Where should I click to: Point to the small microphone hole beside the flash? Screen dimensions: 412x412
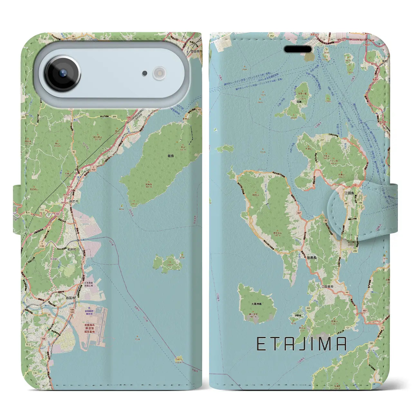pos(145,73)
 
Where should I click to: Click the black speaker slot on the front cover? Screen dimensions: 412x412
pos(298,50)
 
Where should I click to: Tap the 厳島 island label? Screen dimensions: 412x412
pos(171,156)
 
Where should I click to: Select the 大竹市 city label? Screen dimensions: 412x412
pos(74,201)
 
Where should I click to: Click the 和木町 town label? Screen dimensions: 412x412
pos(72,249)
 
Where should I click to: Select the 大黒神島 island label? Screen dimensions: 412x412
pos(257,304)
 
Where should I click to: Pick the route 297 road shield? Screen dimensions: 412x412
pos(322,140)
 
